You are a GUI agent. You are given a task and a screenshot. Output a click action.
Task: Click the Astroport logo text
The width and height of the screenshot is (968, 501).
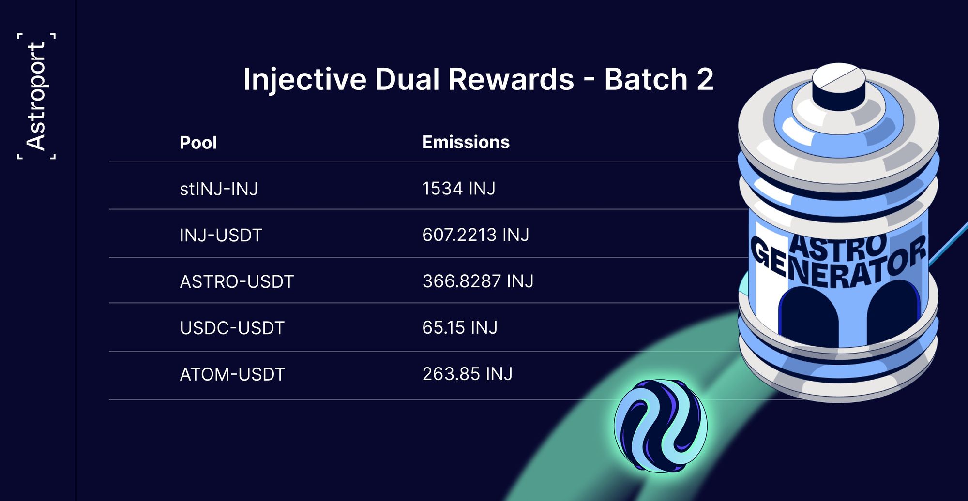(36, 96)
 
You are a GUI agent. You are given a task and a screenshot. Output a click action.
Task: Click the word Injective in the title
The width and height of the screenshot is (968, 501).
(305, 80)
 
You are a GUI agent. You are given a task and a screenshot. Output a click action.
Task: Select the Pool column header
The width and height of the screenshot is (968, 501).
(198, 143)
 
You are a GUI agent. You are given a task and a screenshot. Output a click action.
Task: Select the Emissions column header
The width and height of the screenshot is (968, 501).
(466, 142)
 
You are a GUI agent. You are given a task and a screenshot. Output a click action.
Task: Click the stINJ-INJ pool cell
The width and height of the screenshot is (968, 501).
(219, 189)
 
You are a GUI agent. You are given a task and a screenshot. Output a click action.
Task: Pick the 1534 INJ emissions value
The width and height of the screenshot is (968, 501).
(459, 188)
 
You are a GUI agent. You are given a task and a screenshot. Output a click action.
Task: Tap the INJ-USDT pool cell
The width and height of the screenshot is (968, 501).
(221, 236)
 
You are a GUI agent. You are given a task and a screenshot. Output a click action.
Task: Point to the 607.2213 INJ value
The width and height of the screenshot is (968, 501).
(476, 235)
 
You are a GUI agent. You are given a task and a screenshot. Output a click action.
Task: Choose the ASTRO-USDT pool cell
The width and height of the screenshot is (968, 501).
(237, 281)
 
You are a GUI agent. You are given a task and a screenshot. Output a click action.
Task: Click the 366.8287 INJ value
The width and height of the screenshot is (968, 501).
(478, 281)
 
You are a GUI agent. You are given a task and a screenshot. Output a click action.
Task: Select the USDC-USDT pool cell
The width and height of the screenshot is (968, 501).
(232, 328)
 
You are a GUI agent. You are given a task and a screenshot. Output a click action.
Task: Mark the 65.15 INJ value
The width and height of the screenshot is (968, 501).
(460, 327)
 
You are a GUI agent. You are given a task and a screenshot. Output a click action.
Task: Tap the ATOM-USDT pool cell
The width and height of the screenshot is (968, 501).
(232, 374)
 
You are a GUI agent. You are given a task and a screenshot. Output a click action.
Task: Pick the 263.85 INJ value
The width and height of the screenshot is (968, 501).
(467, 374)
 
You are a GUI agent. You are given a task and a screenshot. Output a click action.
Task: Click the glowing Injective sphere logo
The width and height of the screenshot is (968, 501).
(660, 426)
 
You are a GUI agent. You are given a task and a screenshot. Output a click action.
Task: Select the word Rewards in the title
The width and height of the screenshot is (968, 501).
(511, 79)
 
